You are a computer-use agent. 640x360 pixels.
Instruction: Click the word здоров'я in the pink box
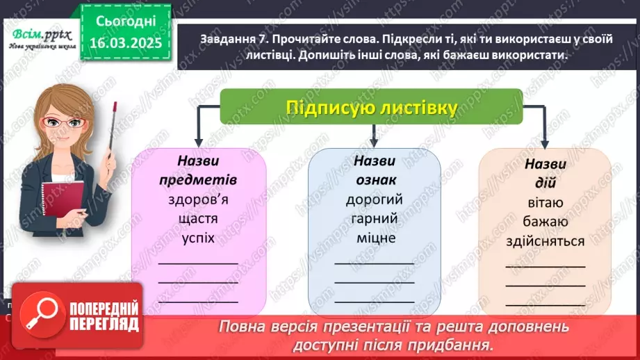coord(198,200)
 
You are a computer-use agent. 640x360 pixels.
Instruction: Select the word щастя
coord(198,219)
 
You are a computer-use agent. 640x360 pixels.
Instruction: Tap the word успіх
coord(198,238)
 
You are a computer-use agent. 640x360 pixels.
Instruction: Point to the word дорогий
coord(374,200)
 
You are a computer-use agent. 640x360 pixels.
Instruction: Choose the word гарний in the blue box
coord(374,219)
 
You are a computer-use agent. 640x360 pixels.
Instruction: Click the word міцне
coord(374,238)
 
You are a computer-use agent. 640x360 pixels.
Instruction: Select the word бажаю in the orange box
coord(545,222)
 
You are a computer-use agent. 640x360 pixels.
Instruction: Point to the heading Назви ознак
coord(374,170)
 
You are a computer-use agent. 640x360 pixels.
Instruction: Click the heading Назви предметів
coord(198,170)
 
